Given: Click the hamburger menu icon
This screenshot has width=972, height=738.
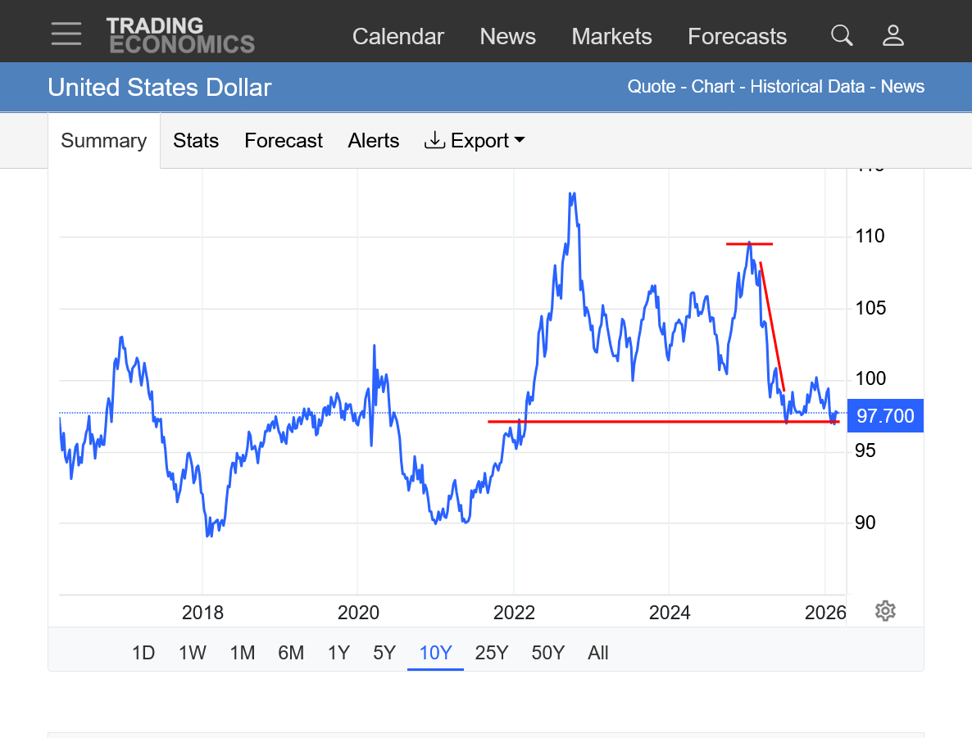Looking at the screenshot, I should point(66,34).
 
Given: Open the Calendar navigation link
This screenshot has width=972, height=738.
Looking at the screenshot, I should point(397,37).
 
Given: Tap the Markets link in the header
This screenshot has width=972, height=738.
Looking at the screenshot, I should point(611,37).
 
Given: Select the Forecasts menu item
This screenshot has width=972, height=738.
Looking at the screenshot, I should point(737,37).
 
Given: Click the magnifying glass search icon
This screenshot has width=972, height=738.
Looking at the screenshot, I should point(842,35).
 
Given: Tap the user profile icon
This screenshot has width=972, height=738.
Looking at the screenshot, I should point(893,35).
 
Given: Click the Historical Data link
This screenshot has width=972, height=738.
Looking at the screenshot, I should point(807,87).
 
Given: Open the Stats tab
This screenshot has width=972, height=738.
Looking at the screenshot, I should point(196,141).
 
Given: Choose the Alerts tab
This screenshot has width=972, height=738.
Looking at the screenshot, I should point(373,141).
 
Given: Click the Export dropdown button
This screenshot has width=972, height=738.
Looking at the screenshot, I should point(475,141).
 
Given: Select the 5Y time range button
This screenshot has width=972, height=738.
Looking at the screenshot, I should point(384,653).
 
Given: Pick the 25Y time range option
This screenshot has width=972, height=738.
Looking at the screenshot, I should point(492,653).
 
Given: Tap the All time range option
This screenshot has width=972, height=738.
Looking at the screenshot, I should point(598,653).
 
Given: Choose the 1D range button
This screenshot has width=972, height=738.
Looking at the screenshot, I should point(143,653).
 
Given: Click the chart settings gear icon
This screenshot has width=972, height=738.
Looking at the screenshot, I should point(885,611).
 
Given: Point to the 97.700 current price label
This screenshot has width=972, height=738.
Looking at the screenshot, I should point(885,416).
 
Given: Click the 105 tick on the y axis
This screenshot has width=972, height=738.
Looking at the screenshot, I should point(869,308).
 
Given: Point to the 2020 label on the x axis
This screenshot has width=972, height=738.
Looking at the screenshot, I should point(358,613).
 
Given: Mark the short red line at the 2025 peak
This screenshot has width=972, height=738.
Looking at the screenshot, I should point(749,244).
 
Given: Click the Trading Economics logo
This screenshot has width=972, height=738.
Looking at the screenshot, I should point(180,35).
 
